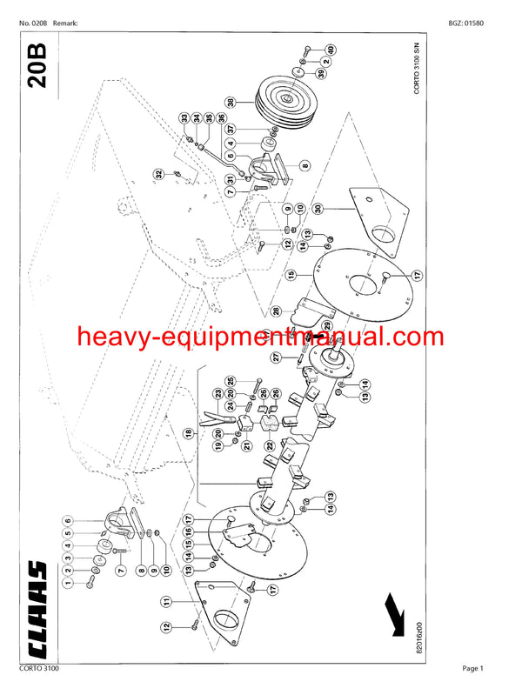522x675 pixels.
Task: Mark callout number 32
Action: tap(159, 174)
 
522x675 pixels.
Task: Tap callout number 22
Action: tap(270, 444)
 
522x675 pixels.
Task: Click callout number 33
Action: tap(185, 118)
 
